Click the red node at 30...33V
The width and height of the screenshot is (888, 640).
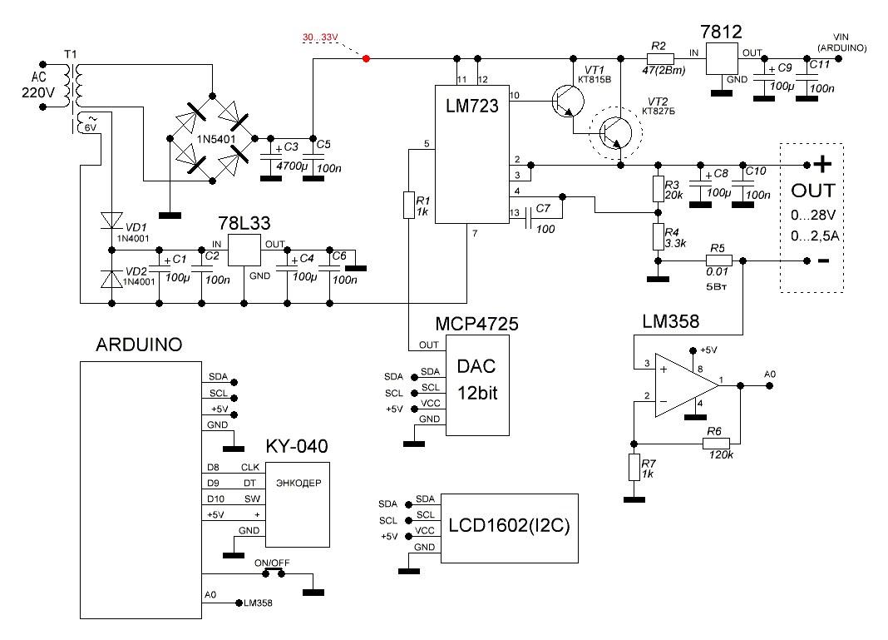point(367,58)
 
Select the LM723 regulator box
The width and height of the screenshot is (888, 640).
point(471,155)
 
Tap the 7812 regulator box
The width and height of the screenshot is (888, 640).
point(723,58)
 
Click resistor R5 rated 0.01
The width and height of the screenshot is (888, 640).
point(718,260)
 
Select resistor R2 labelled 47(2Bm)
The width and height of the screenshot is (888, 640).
point(660,58)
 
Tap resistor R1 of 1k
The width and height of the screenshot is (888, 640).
point(408,205)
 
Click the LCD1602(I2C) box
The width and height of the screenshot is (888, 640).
point(509,527)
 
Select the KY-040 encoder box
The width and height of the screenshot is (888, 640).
point(297,504)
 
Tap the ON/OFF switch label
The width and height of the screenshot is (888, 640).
point(272,563)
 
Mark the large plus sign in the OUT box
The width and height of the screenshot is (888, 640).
point(821,163)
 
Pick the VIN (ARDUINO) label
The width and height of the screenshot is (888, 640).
point(849,43)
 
